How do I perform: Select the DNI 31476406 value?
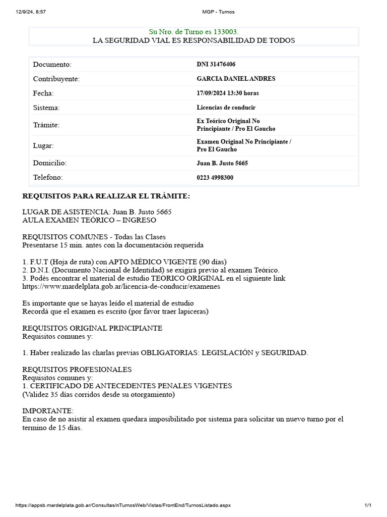216,65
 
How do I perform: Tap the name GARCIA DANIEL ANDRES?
236,79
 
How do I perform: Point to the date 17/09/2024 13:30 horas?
228,93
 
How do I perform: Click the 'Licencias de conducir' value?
226,108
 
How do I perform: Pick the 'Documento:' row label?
52,65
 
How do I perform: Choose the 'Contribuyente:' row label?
56,79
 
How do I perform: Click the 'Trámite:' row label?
46,125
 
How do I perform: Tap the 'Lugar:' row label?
43,146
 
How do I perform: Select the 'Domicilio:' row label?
50,163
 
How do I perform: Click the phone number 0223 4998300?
215,178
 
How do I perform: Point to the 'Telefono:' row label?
48,178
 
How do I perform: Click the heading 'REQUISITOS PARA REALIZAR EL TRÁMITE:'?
106,196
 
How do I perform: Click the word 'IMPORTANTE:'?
48,410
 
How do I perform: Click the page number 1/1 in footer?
368,505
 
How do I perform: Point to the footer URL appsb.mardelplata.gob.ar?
123,505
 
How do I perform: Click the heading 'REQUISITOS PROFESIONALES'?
77,369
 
